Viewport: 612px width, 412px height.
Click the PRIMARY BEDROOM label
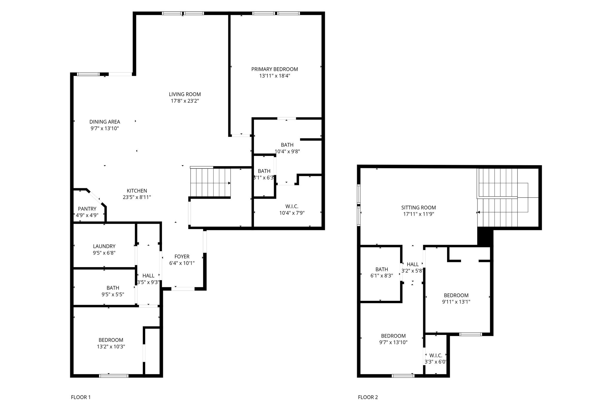coord(274,69)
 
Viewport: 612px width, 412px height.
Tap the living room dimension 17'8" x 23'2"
coord(185,101)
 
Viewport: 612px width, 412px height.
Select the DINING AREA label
coord(105,122)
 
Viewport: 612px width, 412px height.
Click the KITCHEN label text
coord(137,191)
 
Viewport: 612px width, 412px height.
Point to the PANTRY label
coord(87,209)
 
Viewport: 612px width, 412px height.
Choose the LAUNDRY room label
coord(104,246)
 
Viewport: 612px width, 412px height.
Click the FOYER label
coord(182,257)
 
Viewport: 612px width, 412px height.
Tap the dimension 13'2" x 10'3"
coord(111,347)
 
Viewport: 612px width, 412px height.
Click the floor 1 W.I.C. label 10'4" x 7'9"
coord(292,213)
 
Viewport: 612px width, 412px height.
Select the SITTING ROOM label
coord(418,207)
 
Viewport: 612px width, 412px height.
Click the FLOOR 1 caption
coord(81,397)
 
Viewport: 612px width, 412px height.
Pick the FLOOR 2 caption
coord(368,397)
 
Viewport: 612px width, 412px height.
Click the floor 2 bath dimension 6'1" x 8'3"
coord(382,276)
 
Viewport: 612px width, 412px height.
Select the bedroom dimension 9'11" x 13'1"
coord(456,302)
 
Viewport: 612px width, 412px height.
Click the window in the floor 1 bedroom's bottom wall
coord(114,376)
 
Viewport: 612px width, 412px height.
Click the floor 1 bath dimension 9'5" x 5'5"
coord(113,294)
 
